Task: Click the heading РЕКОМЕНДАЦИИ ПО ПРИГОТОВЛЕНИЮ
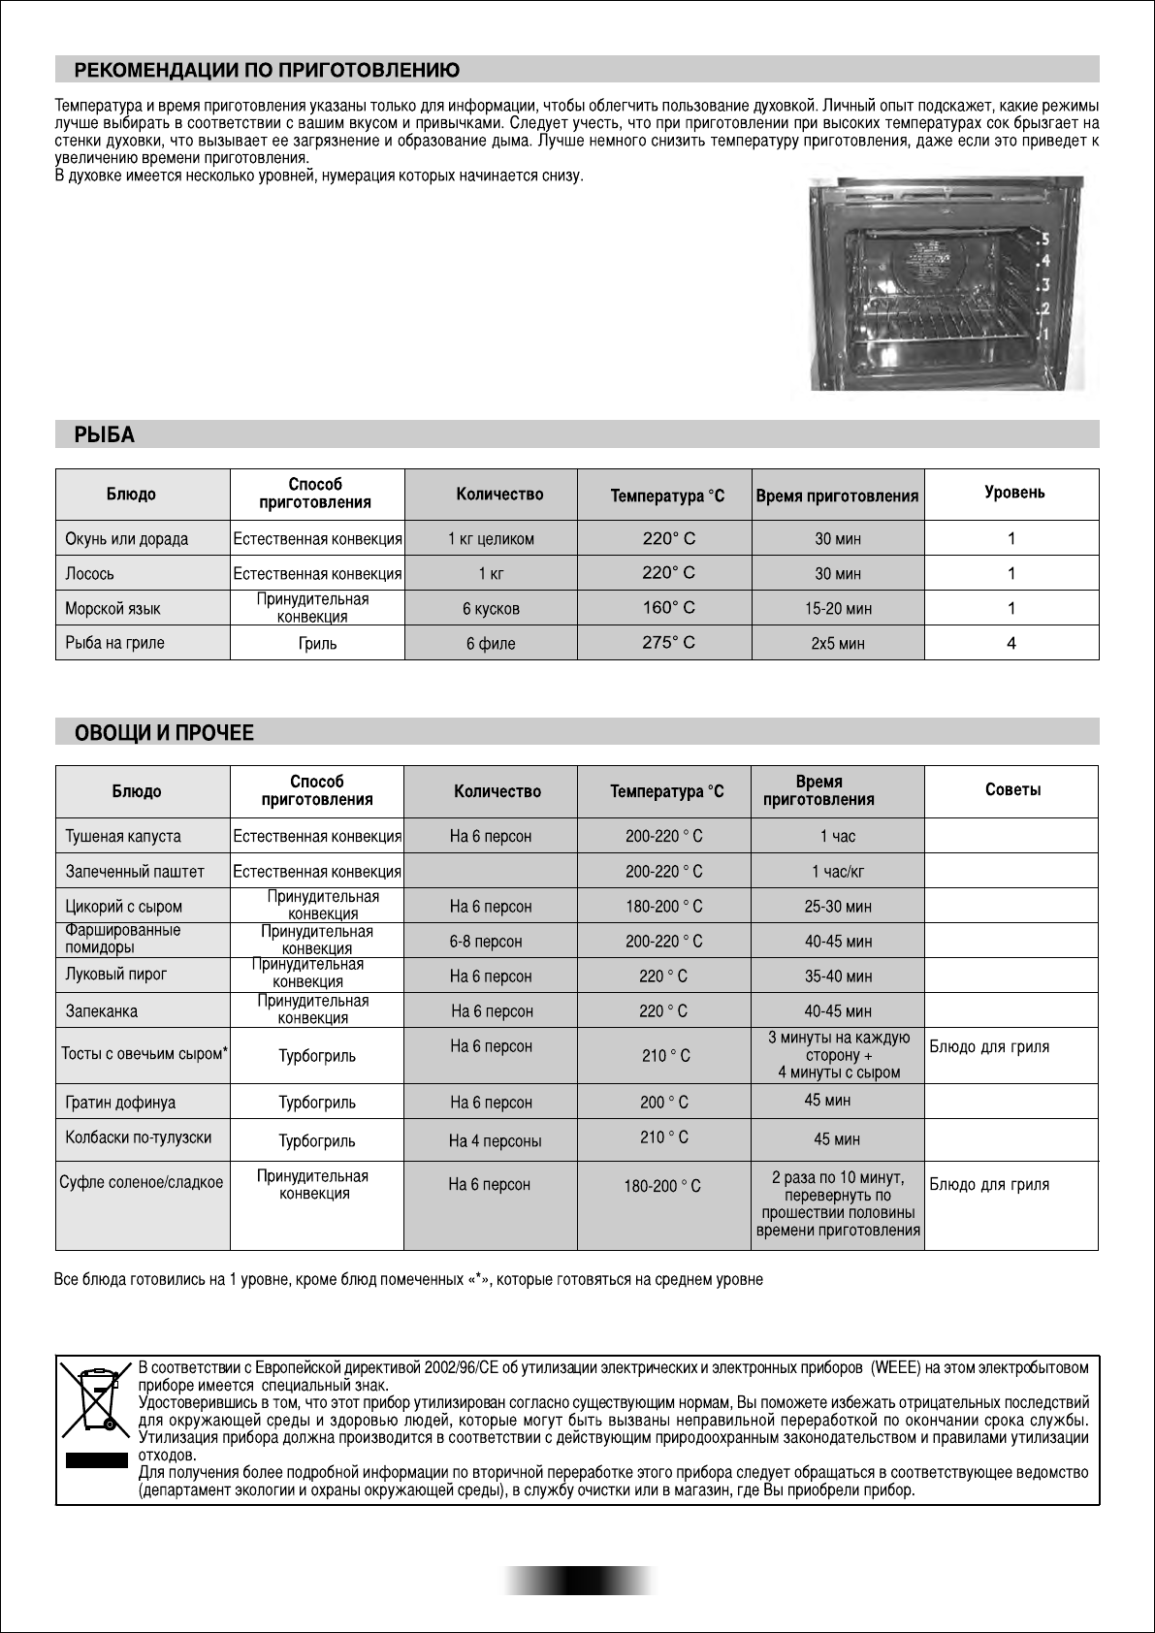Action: point(267,71)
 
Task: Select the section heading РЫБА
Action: point(105,435)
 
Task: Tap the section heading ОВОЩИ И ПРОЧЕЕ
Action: point(164,733)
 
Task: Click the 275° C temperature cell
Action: point(668,642)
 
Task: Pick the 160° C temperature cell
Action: point(668,608)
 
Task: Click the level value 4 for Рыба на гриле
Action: point(1011,642)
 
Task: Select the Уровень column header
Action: point(1014,493)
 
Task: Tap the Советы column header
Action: point(1012,790)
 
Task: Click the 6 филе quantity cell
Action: point(491,643)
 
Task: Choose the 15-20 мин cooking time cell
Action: point(838,609)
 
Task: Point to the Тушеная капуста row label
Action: point(123,836)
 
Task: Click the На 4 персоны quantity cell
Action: point(495,1141)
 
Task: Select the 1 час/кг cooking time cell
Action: point(838,872)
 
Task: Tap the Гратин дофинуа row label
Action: point(120,1103)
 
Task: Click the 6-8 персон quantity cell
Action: point(486,942)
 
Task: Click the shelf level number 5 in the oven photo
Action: point(1046,238)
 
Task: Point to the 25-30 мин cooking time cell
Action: point(838,907)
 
